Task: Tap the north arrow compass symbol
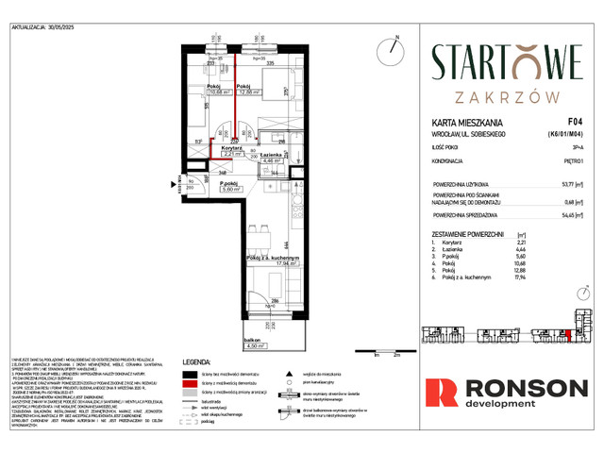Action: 390,48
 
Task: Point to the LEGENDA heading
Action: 202,360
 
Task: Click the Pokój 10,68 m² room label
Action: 219,89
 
